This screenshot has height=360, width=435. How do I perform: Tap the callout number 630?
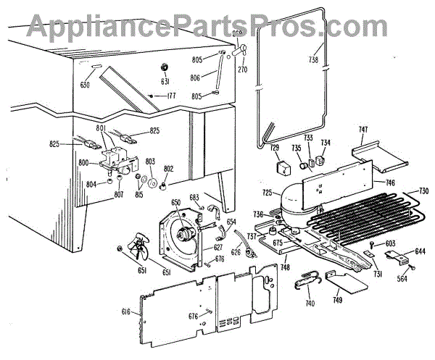[x=86, y=84]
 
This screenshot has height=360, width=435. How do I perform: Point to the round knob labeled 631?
[x=164, y=67]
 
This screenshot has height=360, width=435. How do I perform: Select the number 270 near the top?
[x=243, y=70]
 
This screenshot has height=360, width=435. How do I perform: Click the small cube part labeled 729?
[x=278, y=167]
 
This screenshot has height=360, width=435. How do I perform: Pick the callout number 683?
[x=195, y=198]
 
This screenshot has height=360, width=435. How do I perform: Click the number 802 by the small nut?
[x=169, y=169]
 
